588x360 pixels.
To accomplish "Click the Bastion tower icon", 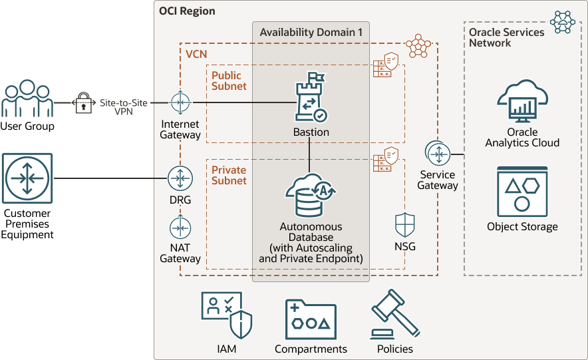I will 311,101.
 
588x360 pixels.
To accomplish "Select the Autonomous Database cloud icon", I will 311,194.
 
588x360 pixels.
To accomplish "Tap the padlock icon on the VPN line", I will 83,103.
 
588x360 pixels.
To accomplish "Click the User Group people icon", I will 27,99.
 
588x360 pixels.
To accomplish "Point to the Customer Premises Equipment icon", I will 27,178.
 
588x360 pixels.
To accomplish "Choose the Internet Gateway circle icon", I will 180,102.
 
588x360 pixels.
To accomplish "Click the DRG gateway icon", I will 180,178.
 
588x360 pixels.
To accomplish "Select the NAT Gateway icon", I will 180,228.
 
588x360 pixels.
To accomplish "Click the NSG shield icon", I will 405,225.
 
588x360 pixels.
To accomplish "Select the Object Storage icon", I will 522,192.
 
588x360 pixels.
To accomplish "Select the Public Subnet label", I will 229,81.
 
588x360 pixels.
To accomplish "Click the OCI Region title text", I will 187,12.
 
